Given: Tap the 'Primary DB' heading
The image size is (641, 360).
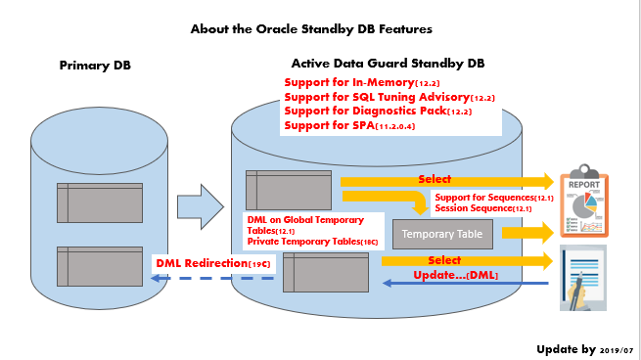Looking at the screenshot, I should [95, 66].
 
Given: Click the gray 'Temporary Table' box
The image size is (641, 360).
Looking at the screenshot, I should [442, 235].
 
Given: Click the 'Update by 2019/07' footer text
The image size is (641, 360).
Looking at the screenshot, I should [584, 349].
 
